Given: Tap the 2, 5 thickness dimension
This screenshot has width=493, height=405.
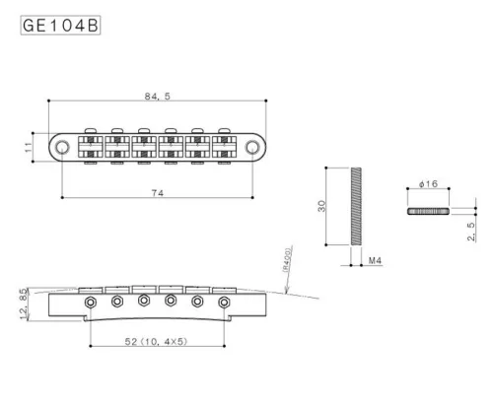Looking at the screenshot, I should pos(471,232).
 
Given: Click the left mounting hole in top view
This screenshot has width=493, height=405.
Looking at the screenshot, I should pos(62,147).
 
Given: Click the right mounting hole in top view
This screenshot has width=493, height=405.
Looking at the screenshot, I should pos(255,147).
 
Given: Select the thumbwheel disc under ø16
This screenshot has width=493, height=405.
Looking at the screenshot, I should pos(427,211).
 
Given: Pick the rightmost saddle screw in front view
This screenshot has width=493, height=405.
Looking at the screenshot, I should pos(225,301).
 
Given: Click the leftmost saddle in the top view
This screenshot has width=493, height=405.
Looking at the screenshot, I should pos(93,146).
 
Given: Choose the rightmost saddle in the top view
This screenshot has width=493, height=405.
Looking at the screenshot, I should pos(226,146).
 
